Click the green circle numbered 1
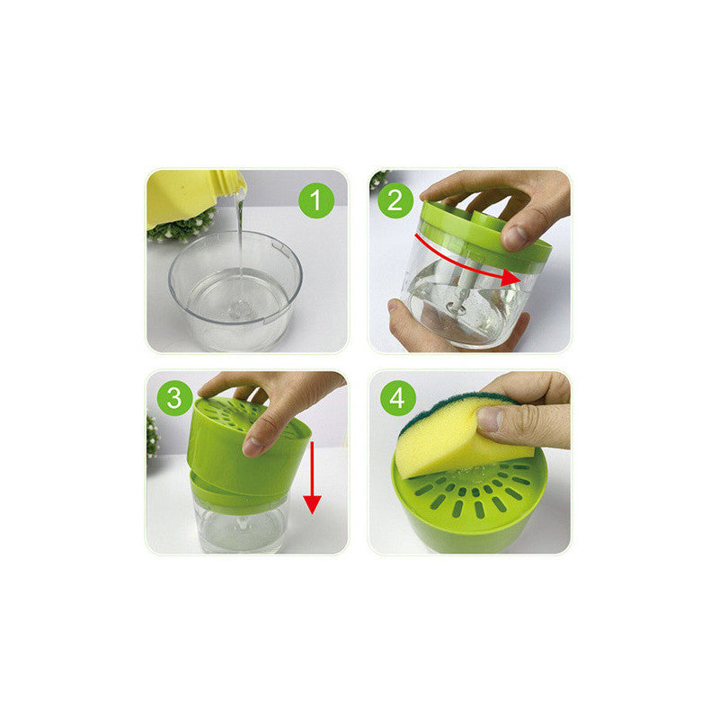coord(316,200)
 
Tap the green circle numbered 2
coord(395,200)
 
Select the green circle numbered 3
coord(174,398)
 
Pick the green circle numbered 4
coord(398,398)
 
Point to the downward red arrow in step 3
coord(312,478)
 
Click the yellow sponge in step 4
coord(463,439)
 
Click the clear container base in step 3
coord(241,528)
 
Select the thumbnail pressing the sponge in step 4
coord(489,419)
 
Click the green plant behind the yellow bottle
coord(182,226)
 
